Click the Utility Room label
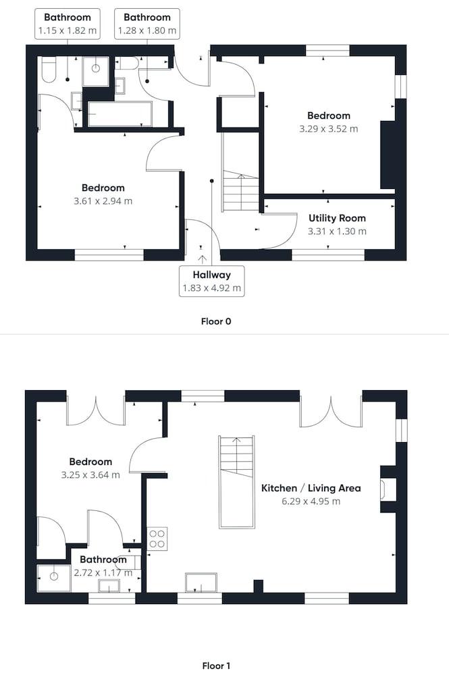click(337, 218)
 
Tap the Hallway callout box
click(212, 281)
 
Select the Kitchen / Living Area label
click(311, 488)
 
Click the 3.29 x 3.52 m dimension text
click(328, 129)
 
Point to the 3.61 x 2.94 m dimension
click(103, 201)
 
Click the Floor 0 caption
click(216, 321)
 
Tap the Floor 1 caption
click(216, 666)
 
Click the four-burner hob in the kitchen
click(157, 539)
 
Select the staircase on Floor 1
click(237, 482)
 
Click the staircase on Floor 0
click(240, 172)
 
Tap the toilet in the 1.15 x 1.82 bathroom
click(49, 70)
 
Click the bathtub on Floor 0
click(120, 113)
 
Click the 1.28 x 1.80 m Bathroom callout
click(147, 24)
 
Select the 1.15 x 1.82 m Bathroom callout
click(67, 24)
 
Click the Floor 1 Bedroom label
click(90, 462)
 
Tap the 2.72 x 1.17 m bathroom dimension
click(103, 573)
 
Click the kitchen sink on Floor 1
click(201, 583)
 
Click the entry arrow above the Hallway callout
click(203, 260)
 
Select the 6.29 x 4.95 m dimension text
click(311, 502)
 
